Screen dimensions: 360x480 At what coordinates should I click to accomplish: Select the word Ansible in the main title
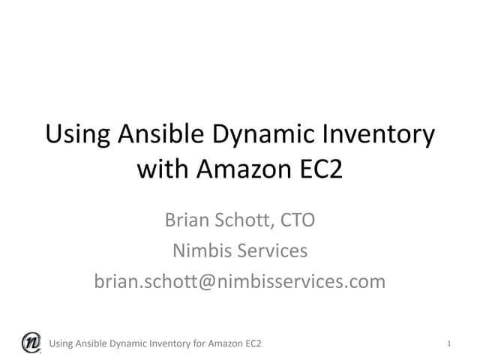163,135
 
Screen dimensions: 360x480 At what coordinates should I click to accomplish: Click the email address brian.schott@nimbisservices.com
240,281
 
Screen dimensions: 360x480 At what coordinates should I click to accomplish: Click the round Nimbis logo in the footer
31,342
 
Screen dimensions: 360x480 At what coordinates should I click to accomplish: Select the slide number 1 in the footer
448,344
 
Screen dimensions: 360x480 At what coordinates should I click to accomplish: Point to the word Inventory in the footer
164,344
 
